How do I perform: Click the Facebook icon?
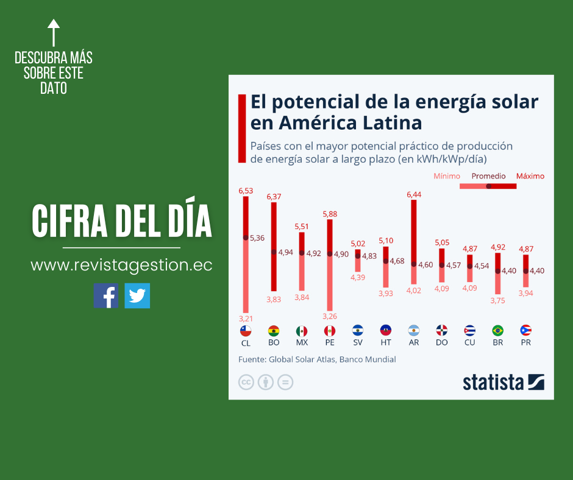(x=105, y=295)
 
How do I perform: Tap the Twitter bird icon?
(x=137, y=295)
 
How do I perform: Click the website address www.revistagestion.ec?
(x=121, y=266)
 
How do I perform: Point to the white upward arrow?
(x=54, y=33)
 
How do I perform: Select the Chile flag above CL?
(x=246, y=331)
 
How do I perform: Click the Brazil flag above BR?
(x=498, y=331)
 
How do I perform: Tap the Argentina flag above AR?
(x=414, y=331)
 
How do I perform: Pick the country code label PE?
(x=330, y=343)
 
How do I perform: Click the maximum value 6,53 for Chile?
(x=246, y=191)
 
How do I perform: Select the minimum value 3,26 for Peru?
(x=330, y=316)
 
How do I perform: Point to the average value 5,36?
(x=257, y=238)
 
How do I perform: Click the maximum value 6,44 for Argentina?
(x=414, y=194)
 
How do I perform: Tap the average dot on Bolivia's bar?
(x=274, y=252)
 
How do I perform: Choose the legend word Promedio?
(x=488, y=176)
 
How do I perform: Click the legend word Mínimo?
(x=447, y=176)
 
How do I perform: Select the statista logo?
(x=503, y=382)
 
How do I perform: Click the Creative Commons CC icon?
(x=246, y=382)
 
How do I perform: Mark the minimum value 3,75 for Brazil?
(x=498, y=300)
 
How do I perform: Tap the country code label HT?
(x=386, y=343)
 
